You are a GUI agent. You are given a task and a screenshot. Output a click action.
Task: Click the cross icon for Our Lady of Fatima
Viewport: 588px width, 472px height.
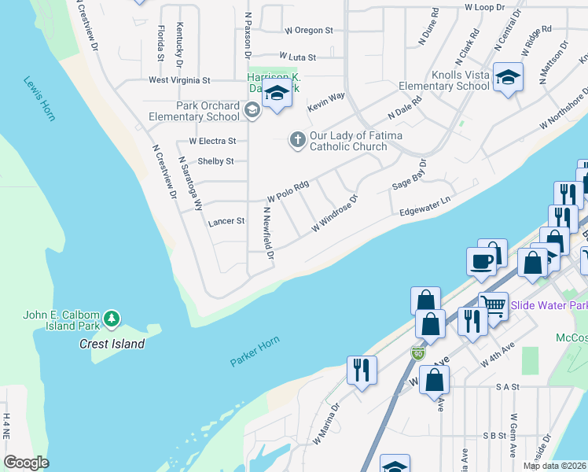(x=297, y=139)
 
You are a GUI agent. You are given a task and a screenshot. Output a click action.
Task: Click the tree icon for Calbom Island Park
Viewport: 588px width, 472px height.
(x=112, y=318)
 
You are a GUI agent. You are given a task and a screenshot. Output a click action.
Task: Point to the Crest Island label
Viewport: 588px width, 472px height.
(x=112, y=344)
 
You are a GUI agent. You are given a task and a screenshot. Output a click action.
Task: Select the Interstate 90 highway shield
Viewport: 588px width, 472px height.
(x=417, y=353)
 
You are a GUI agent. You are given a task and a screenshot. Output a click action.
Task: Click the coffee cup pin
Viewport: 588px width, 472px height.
(x=481, y=261)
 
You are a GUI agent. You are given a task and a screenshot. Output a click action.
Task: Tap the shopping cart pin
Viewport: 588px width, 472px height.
(x=493, y=304)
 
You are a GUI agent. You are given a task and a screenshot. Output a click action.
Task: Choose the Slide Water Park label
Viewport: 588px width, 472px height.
(x=549, y=304)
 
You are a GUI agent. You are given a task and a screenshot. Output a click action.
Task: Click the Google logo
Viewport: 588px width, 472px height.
(x=26, y=463)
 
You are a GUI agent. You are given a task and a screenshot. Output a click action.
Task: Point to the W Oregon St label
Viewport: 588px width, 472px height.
(x=309, y=30)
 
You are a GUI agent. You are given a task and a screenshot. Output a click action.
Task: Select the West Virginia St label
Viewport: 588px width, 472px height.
(x=179, y=80)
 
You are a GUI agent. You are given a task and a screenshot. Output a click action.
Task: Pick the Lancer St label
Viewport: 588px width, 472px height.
(x=226, y=222)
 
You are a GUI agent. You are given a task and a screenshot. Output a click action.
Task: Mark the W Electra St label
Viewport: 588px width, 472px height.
(x=212, y=142)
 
